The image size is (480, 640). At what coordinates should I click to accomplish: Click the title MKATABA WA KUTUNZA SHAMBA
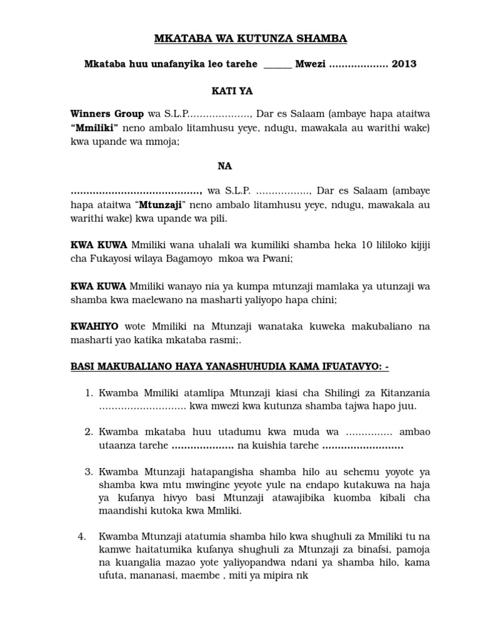click(250, 39)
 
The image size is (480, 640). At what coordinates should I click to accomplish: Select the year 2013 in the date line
click(404, 64)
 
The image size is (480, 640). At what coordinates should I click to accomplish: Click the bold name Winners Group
click(107, 115)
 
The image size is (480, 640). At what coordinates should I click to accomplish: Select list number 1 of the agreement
click(88, 392)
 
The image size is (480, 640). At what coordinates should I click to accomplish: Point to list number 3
click(88, 470)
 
